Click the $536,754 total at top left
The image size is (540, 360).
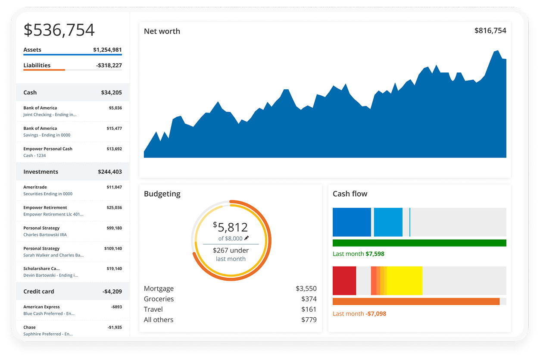pyautogui.click(x=59, y=30)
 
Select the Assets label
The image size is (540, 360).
pyautogui.click(x=32, y=50)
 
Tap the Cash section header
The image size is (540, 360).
pyautogui.click(x=30, y=93)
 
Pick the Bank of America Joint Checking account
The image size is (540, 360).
pyautogui.click(x=50, y=111)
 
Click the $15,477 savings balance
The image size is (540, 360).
pyautogui.click(x=114, y=128)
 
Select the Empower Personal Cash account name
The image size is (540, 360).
pyautogui.click(x=48, y=149)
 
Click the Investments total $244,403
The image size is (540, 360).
pyautogui.click(x=110, y=172)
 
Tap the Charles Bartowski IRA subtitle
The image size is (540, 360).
pyautogui.click(x=45, y=235)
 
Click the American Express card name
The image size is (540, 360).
pyautogui.click(x=41, y=307)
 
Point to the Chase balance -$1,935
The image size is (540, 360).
pyautogui.click(x=114, y=328)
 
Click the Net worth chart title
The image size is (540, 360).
pyautogui.click(x=162, y=31)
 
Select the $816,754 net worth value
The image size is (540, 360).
pyautogui.click(x=490, y=31)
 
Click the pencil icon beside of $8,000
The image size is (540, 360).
pyautogui.click(x=247, y=238)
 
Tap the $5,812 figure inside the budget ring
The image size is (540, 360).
pyautogui.click(x=231, y=227)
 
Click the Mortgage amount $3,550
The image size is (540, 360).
pyautogui.click(x=306, y=289)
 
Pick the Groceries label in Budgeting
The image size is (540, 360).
pyautogui.click(x=159, y=299)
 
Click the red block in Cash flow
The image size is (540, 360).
pyautogui.click(x=344, y=281)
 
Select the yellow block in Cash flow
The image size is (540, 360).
pyautogui.click(x=405, y=281)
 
